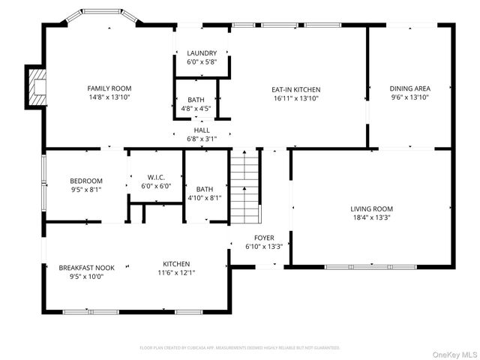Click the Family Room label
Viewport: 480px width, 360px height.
coord(109,88)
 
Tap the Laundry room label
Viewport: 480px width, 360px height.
coord(202,53)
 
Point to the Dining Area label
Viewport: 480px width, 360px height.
coord(409,88)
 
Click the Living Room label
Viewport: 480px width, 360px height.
coord(371,208)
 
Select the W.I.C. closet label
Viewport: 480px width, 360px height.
coord(156,177)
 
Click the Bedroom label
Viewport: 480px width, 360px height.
coord(86,181)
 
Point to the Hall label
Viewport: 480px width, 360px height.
coord(202,130)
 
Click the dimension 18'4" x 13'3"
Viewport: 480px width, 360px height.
coord(371,217)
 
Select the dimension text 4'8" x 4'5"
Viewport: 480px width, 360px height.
coord(196,108)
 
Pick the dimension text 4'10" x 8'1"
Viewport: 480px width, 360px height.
coord(205,198)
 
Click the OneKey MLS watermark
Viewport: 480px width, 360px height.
coord(457,353)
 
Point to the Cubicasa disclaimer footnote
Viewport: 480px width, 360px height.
coord(240,347)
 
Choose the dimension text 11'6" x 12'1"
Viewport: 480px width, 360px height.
coord(177,272)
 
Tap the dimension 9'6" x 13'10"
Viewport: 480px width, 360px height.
coord(409,97)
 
